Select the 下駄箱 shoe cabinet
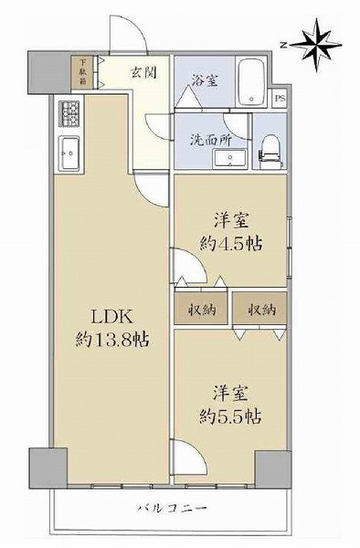tap(81, 71)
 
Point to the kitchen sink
tap(69, 150)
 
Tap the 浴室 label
tap(204, 79)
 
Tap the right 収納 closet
tap(259, 309)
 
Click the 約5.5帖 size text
tap(230, 416)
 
